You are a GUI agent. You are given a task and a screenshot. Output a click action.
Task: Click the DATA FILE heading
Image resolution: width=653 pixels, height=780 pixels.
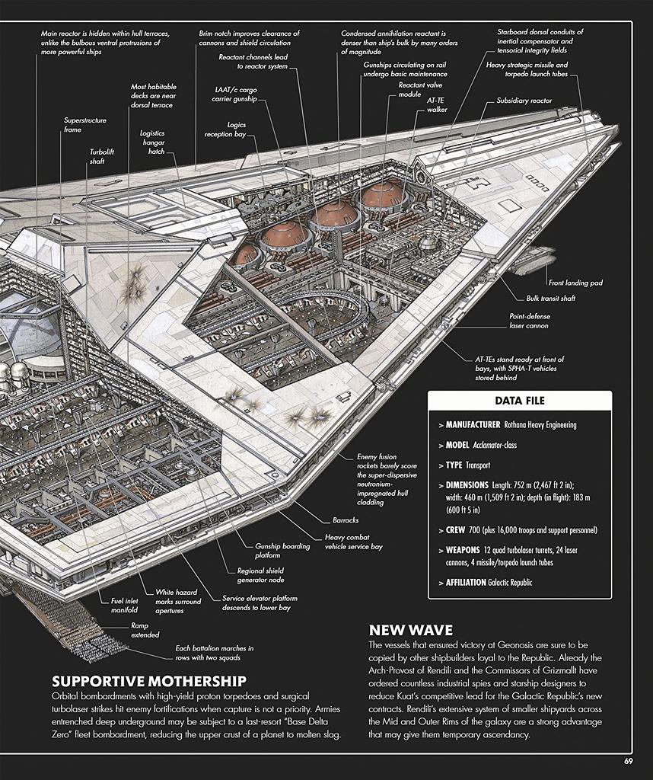pos(519,401)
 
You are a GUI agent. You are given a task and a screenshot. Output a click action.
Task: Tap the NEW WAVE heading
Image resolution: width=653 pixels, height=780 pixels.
pos(410,630)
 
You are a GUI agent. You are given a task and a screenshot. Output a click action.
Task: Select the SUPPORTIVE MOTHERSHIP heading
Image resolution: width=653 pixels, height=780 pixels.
pos(149,681)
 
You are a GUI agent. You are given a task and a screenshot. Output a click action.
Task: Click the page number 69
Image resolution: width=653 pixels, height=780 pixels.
pos(628,761)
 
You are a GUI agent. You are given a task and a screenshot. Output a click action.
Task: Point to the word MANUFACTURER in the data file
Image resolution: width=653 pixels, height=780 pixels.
pos(473,425)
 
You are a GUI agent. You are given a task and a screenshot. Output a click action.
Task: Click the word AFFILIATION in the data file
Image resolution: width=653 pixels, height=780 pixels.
pos(466,582)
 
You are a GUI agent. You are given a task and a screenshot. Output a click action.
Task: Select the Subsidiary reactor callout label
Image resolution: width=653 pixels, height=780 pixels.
pos(524,101)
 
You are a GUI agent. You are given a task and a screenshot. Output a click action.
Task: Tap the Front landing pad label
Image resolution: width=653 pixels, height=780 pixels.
pos(575,283)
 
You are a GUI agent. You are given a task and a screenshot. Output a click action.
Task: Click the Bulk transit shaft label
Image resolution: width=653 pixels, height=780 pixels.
pos(550,298)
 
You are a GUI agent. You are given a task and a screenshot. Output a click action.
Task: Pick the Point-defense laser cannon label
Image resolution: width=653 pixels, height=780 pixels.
pos(529,321)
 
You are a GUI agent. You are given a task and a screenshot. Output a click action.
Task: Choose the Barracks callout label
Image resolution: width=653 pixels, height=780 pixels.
pos(346,520)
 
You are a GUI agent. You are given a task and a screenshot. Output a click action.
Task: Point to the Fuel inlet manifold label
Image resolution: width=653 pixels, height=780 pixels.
pos(124,606)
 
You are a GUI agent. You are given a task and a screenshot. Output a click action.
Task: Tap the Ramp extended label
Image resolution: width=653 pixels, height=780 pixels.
pos(145,630)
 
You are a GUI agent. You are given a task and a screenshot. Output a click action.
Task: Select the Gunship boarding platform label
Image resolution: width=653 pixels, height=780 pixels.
pos(282,551)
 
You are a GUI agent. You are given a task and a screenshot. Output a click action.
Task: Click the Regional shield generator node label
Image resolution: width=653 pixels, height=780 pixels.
pos(260,575)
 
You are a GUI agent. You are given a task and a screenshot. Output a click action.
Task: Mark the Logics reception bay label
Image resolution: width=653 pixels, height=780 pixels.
pos(225,129)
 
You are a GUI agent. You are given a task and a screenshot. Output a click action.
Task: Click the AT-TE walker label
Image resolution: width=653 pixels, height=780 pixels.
pos(437,104)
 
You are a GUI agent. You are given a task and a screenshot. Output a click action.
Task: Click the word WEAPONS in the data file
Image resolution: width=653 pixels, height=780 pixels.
pos(462,550)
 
